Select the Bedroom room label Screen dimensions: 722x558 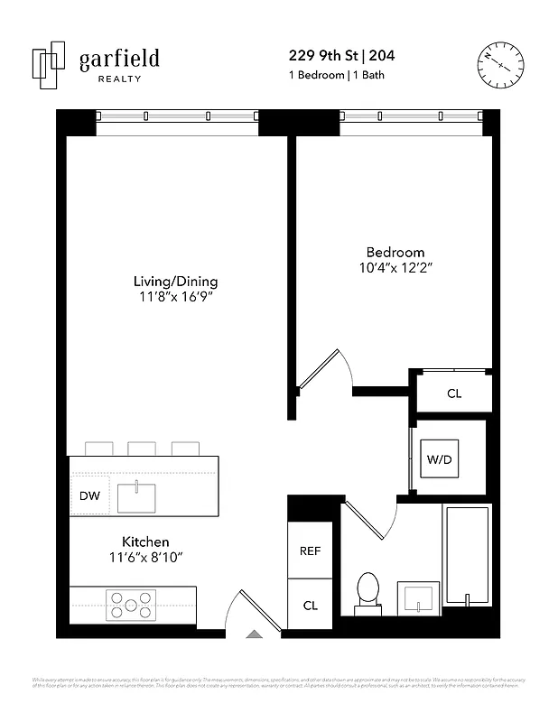point(395,252)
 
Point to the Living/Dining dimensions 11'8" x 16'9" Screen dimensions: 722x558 point(176,297)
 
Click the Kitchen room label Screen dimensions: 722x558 point(145,541)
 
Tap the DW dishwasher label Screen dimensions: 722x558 point(89,495)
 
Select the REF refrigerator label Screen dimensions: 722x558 point(310,551)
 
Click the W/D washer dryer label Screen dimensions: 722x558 point(440,459)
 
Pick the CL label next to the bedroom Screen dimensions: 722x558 point(454,393)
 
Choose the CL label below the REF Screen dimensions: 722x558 point(310,606)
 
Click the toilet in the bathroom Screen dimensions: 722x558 point(368,591)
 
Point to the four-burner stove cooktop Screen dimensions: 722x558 point(131,604)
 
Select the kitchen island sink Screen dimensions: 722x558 point(136,495)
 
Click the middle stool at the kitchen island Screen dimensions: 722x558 point(142,448)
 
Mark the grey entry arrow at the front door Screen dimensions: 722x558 point(254,634)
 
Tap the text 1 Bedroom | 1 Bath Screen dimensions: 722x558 point(335,75)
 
